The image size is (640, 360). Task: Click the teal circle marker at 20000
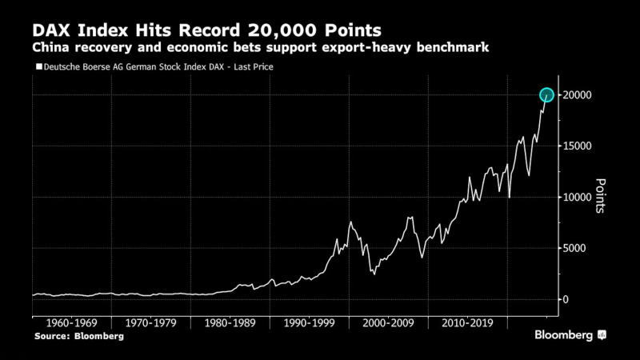546,95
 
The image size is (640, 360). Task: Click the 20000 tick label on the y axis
577,95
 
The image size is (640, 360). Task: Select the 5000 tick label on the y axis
574,248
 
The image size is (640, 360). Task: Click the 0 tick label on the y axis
566,299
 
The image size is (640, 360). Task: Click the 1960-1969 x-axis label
72,323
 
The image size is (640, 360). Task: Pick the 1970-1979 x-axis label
151,323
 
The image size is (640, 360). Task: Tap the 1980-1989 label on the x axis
230,323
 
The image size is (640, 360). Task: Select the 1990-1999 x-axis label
310,323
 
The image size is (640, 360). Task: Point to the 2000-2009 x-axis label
388,323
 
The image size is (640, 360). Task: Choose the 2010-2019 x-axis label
467,323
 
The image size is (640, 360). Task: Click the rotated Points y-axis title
601,196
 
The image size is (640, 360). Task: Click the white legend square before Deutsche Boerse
39,66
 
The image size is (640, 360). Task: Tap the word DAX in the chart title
51,30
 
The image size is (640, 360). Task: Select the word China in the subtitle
50,47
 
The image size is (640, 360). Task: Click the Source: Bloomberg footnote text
79,336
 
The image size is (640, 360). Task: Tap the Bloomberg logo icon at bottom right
602,335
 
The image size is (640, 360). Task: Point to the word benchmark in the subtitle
453,47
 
